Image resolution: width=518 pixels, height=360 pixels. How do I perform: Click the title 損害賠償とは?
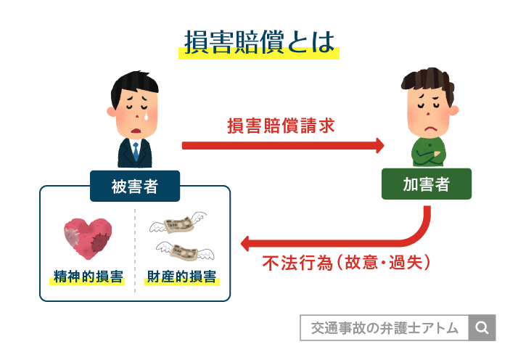click(x=259, y=43)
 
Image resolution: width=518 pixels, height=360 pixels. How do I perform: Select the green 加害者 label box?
click(x=426, y=184)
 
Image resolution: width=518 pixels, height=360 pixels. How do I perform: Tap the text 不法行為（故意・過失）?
click(x=347, y=262)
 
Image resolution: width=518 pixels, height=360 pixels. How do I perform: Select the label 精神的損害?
click(x=88, y=277)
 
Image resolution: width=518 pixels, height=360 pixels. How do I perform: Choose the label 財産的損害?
click(x=181, y=277)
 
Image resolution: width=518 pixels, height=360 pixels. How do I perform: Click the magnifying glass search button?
click(x=482, y=327)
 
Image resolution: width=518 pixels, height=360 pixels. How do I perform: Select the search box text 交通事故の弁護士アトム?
click(x=384, y=328)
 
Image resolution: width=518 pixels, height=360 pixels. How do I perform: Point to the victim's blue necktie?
click(x=135, y=151)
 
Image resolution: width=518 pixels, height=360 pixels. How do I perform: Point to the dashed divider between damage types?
click(x=136, y=250)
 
